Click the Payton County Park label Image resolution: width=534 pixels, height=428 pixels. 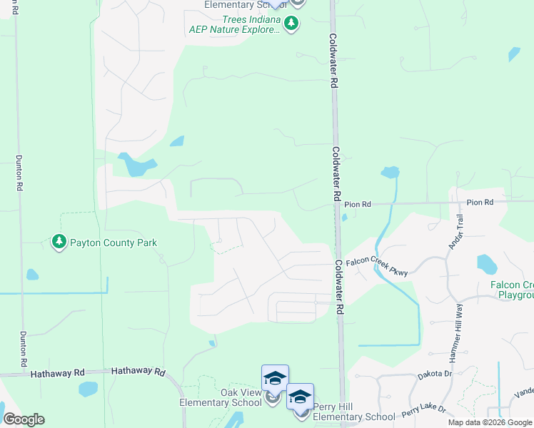coord(113,243)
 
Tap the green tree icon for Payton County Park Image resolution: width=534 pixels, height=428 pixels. coord(59,243)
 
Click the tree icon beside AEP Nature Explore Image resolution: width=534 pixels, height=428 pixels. coord(291,25)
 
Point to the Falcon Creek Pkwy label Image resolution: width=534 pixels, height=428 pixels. coord(376,267)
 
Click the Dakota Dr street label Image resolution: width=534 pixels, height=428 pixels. coord(435,374)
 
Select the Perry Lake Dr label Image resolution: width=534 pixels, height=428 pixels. coord(424,411)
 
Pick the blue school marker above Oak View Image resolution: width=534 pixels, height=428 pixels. coord(275,378)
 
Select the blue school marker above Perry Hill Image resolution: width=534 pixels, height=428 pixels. coord(301,397)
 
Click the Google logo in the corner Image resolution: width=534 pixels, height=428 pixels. coord(24,419)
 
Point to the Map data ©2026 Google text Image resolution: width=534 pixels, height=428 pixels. coord(490,422)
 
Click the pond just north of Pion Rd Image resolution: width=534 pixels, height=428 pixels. coord(390,172)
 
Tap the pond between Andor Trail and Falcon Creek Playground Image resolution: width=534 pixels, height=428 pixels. coord(486,265)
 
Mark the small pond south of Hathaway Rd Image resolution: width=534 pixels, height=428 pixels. coord(88,389)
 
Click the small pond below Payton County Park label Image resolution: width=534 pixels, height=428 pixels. coord(32,275)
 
